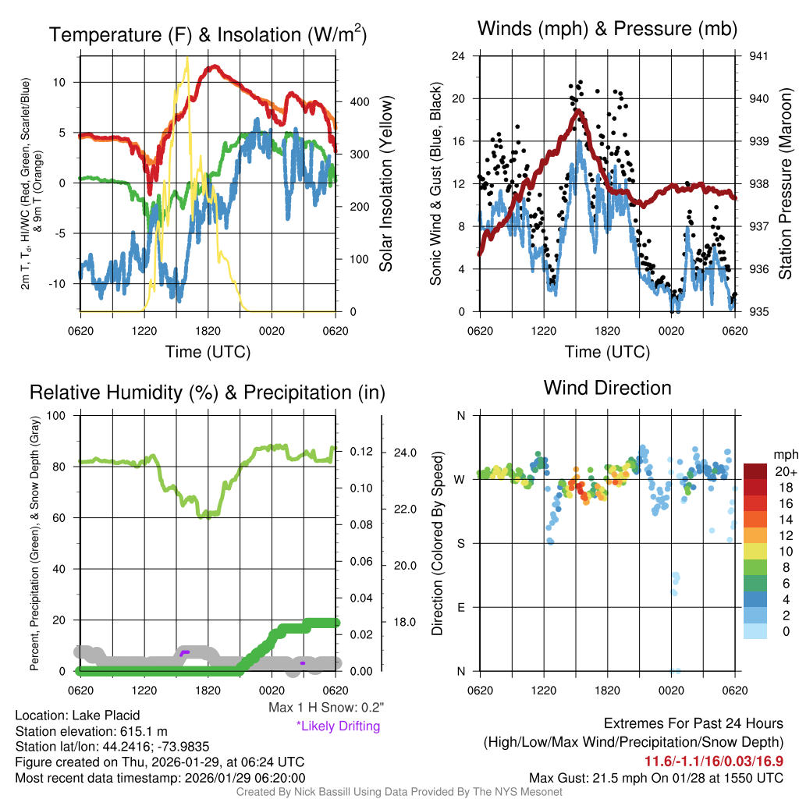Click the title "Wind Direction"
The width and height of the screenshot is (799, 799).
(x=607, y=388)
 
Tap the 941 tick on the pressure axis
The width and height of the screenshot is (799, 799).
(x=758, y=56)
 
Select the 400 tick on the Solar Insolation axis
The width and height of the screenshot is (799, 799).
(x=359, y=102)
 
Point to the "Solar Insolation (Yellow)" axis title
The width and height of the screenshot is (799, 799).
(x=386, y=183)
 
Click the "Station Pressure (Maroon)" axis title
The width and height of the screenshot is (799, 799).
(x=786, y=184)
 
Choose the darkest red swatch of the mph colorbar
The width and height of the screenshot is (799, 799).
(x=755, y=472)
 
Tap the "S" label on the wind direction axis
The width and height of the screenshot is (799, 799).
(x=460, y=543)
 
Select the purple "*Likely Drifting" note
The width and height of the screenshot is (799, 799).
(x=338, y=726)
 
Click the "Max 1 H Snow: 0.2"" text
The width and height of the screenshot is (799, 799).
(x=325, y=708)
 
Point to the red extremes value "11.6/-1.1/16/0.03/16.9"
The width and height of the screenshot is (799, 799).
(x=713, y=761)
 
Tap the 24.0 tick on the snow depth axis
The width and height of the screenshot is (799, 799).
(x=405, y=452)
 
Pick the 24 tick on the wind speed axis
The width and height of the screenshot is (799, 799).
(x=460, y=56)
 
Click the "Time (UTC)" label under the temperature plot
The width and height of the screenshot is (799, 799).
(x=208, y=352)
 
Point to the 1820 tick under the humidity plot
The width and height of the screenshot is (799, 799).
(x=207, y=690)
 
